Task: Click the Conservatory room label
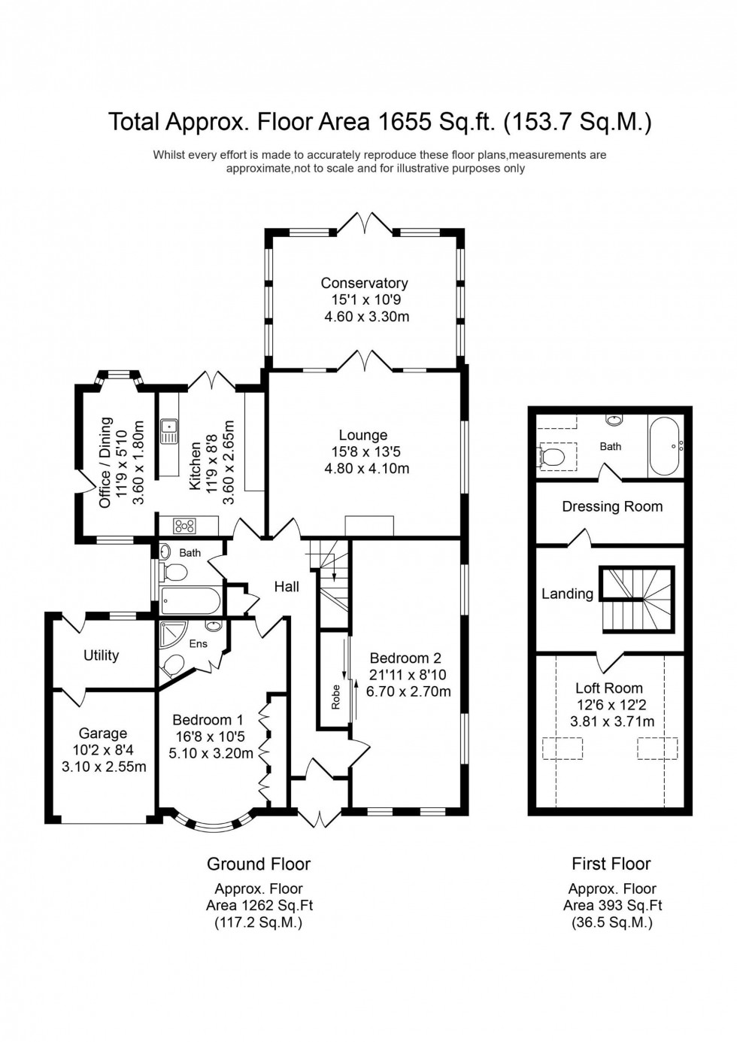pyautogui.click(x=364, y=283)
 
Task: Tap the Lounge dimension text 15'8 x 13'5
pyautogui.click(x=363, y=452)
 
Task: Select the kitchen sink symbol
pyautogui.click(x=168, y=431)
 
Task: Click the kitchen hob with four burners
pyautogui.click(x=184, y=525)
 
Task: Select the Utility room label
pyautogui.click(x=101, y=655)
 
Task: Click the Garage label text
pyautogui.click(x=103, y=733)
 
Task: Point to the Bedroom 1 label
pyautogui.click(x=208, y=720)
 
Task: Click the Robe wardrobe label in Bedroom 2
pyautogui.click(x=335, y=697)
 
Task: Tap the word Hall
pyautogui.click(x=287, y=587)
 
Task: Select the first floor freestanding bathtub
pyautogui.click(x=666, y=445)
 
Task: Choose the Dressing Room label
pyautogui.click(x=612, y=506)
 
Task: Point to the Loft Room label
pyautogui.click(x=609, y=688)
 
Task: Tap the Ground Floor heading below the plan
pyautogui.click(x=259, y=864)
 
